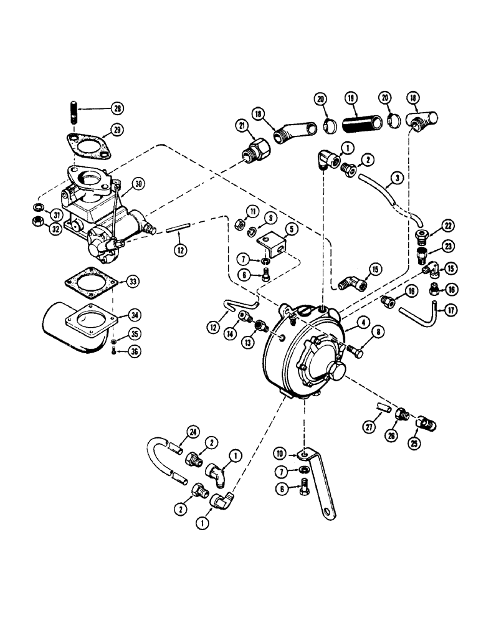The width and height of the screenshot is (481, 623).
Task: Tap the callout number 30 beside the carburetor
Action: click(x=138, y=183)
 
